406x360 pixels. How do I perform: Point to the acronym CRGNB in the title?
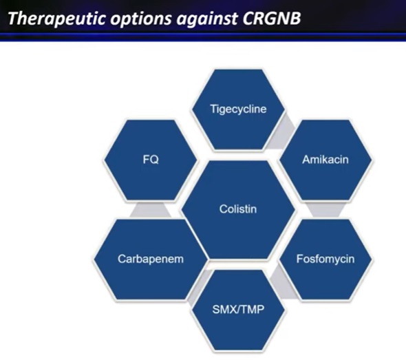(x=272, y=18)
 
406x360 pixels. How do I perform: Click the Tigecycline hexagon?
(x=238, y=109)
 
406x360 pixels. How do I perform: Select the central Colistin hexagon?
(x=238, y=209)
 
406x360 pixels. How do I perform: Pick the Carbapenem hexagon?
(x=151, y=259)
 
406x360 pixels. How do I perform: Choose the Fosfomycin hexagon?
(x=325, y=259)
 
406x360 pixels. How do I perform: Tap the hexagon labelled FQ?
(x=151, y=160)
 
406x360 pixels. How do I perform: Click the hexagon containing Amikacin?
(x=325, y=160)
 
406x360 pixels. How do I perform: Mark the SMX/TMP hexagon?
(x=238, y=310)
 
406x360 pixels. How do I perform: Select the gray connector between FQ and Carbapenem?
(x=151, y=209)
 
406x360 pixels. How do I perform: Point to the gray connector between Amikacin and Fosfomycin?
(x=325, y=209)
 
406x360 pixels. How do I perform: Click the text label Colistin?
(x=238, y=209)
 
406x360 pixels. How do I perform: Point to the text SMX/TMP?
(x=238, y=310)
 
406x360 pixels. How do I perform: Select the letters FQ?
(x=151, y=159)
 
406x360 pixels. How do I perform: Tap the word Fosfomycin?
(x=325, y=259)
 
